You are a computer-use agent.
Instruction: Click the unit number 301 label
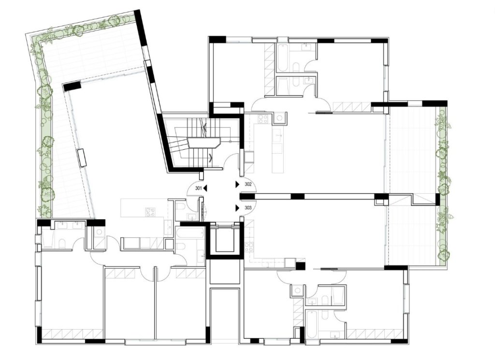click(199, 188)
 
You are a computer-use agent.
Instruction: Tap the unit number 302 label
click(248, 185)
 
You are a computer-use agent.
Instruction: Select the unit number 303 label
click(248, 208)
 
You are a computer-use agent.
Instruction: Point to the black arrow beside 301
click(205, 188)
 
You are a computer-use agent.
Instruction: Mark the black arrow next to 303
click(237, 208)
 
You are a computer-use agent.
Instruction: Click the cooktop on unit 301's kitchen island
click(150, 212)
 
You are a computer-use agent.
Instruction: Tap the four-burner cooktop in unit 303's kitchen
click(249, 247)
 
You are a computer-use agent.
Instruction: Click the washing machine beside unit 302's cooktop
click(279, 119)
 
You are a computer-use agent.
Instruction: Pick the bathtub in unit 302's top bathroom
click(282, 57)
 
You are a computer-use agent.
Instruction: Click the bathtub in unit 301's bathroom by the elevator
click(190, 234)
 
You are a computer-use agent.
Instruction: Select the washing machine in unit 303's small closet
click(297, 291)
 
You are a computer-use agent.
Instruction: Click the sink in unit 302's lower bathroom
click(308, 81)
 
